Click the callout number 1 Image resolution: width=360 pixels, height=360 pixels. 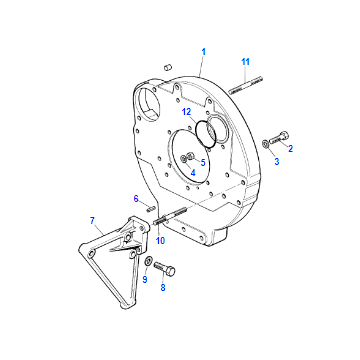coord(203,52)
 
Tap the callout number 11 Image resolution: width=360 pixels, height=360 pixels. coord(246,62)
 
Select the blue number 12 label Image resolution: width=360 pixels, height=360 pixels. coord(187,112)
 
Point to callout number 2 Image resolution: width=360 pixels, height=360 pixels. coord(290,149)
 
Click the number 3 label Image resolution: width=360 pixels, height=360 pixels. coord(277,162)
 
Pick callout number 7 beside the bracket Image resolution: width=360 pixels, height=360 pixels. coord(92,220)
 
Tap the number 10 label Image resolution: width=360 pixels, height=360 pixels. coord(160,240)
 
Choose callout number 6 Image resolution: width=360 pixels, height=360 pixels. coord(136,199)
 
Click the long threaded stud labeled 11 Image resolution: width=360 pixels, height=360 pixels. coord(246,85)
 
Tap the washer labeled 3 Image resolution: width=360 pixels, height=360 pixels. coord(265,144)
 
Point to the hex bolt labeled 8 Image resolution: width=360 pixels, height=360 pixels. coord(165,268)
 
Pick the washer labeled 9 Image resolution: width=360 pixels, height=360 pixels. coord(149,260)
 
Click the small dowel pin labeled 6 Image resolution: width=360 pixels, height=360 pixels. coord(151,209)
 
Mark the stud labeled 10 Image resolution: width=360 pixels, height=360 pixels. coord(170,216)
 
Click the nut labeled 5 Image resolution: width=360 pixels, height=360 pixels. coord(191,156)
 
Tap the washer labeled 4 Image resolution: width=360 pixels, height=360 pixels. coord(183,159)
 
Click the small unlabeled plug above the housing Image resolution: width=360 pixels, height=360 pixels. coord(167,68)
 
